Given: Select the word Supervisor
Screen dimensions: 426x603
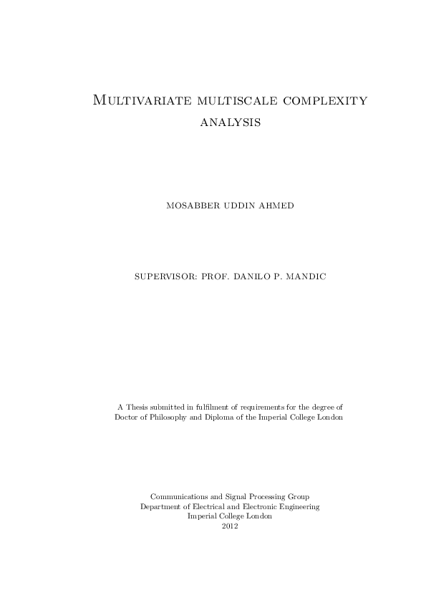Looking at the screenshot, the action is click(x=165, y=276).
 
